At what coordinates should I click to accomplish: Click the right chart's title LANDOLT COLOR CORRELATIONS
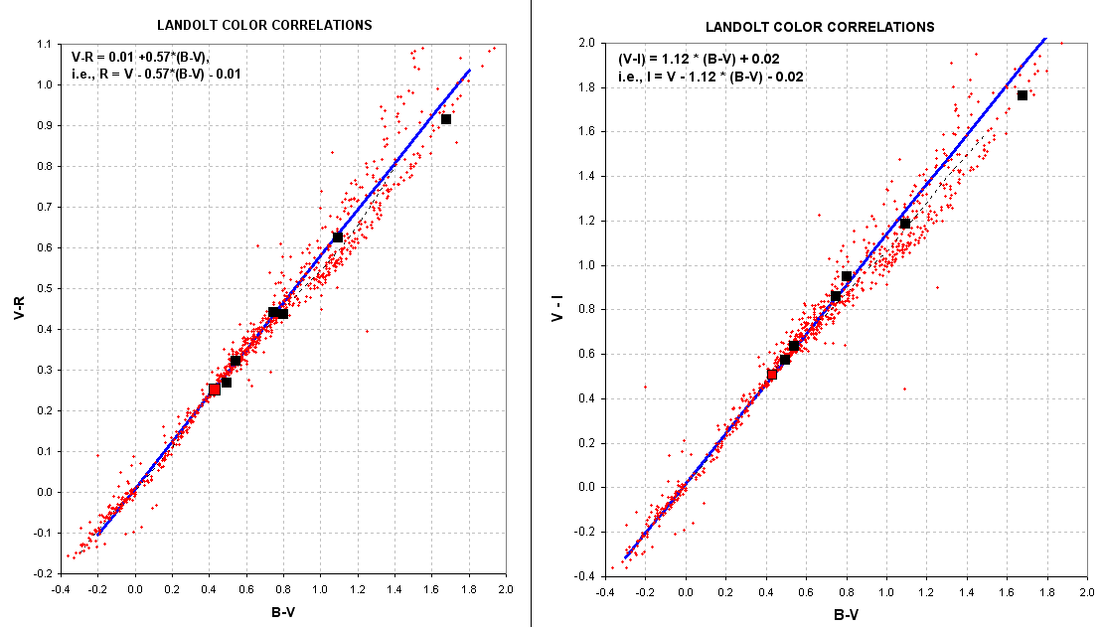tap(819, 27)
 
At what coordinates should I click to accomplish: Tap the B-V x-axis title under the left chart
tap(283, 612)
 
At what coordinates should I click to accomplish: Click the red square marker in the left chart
tap(215, 390)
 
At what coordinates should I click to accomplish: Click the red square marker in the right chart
tap(772, 375)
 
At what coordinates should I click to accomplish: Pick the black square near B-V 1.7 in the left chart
tap(446, 119)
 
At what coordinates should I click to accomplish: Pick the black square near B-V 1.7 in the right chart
tap(1022, 95)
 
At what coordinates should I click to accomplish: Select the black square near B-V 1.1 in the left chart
tap(337, 237)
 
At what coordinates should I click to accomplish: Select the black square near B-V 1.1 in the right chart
tap(904, 224)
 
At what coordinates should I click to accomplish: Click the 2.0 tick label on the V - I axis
tap(586, 44)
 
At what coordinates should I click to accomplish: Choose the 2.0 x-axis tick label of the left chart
tap(506, 590)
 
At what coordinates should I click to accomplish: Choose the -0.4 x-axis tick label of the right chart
tap(603, 593)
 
